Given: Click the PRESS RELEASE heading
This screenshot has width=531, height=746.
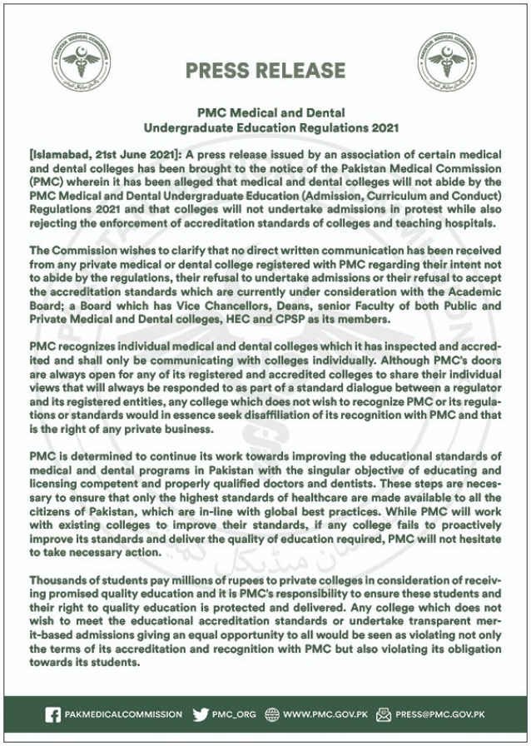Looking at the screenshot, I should pyautogui.click(x=265, y=70).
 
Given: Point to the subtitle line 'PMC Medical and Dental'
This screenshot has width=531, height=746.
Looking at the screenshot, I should pyautogui.click(x=265, y=113).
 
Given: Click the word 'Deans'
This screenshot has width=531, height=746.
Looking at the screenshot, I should pyautogui.click(x=254, y=305).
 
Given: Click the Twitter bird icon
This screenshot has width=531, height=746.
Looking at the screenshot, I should pyautogui.click(x=201, y=714).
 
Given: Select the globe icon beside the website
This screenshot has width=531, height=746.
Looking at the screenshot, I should pyautogui.click(x=271, y=714).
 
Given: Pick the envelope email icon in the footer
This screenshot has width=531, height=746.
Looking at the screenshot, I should pyautogui.click(x=384, y=714).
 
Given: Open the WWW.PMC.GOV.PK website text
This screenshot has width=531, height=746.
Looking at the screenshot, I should pyautogui.click(x=325, y=714).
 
